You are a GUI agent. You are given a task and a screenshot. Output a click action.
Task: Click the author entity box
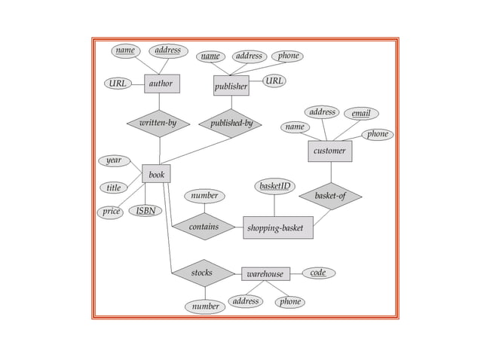click(161, 84)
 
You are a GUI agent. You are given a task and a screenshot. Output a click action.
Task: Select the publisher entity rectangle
click(231, 87)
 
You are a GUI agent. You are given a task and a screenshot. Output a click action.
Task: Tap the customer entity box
click(329, 151)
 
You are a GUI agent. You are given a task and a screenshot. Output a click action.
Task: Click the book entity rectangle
click(156, 175)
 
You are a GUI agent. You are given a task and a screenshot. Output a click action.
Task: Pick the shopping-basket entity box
click(278, 227)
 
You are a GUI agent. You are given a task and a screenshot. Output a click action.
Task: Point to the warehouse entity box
click(265, 273)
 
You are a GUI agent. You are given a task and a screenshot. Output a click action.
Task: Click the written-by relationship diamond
click(158, 123)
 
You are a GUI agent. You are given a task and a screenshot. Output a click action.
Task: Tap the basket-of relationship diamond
click(329, 196)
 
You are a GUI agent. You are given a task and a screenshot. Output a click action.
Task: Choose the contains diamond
click(204, 226)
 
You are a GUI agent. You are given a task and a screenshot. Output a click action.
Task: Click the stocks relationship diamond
click(202, 273)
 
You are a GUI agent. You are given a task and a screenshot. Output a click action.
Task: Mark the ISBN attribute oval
click(146, 211)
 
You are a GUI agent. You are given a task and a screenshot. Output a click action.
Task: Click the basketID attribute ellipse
click(275, 186)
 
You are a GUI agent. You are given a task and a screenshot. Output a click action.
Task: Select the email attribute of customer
click(361, 114)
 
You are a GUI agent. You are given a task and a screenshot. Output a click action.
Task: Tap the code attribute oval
click(318, 273)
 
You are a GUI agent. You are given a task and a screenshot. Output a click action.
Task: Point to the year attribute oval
click(113, 160)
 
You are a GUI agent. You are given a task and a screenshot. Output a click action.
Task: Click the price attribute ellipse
click(112, 212)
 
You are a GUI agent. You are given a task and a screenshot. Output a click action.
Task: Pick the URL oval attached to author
click(118, 84)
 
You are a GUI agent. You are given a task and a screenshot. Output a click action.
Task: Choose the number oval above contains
click(204, 196)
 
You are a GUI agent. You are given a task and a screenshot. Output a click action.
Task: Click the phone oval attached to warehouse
click(290, 301)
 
